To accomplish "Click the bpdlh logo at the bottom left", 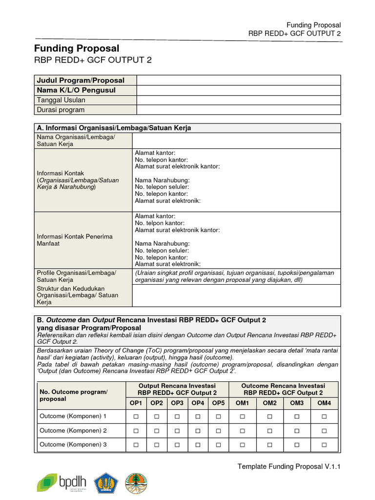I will (x=62, y=482).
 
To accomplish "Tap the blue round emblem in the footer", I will (x=106, y=482).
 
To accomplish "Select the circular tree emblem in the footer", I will (x=135, y=482).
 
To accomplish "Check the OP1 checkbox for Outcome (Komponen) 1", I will (x=136, y=417).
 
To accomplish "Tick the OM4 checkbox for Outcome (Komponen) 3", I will (x=324, y=445).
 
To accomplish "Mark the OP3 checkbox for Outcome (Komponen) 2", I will (x=177, y=431).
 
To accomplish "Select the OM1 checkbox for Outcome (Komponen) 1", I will (x=243, y=417).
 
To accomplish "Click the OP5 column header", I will (x=218, y=403).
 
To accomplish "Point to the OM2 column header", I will (x=270, y=403).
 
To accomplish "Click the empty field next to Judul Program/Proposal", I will (x=238, y=80).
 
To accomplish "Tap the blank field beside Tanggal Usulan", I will (x=238, y=100).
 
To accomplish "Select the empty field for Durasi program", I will (x=238, y=110).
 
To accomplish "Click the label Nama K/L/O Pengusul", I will (x=76, y=90).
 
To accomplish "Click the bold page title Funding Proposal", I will (x=77, y=48).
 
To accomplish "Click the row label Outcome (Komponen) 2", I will (x=73, y=431).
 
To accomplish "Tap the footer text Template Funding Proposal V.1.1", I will (x=289, y=467).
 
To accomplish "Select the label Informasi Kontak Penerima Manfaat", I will (x=75, y=240).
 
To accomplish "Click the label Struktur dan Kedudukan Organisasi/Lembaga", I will (x=78, y=295).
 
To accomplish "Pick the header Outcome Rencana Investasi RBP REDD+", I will (x=283, y=389).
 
